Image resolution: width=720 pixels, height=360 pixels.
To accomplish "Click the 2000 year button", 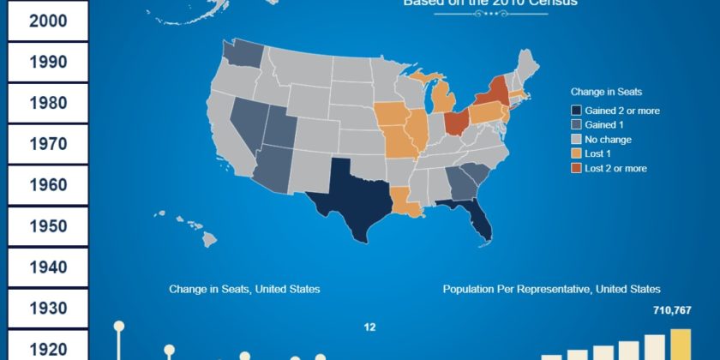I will [48, 21].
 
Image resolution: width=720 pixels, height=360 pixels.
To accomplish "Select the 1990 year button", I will [48, 62].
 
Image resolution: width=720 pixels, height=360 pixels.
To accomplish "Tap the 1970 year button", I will [48, 144].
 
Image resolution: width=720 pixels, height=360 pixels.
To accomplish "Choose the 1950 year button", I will [48, 226].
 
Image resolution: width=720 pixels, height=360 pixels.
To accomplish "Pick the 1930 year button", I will [48, 308].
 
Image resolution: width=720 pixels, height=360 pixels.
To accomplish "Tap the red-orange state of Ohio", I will [456, 122].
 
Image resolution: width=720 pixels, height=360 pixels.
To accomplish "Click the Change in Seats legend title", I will [607, 92].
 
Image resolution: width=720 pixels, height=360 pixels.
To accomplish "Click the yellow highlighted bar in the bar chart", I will [681, 344].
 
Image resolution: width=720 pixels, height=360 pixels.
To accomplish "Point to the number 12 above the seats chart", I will [369, 327].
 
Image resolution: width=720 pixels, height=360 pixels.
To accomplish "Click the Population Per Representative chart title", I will [551, 290].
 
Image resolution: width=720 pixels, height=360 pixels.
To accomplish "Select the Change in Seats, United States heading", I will [244, 290].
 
